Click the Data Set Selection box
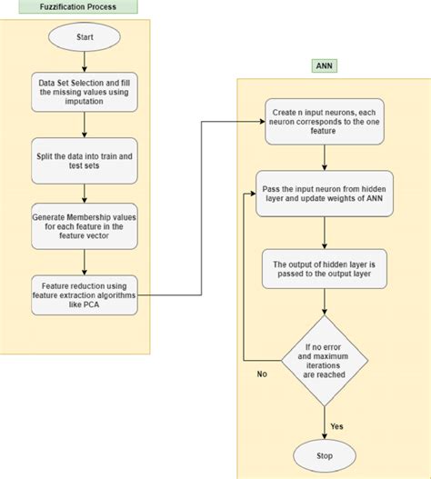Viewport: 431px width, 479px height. click(x=85, y=94)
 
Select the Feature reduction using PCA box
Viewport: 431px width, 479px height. click(x=85, y=294)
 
